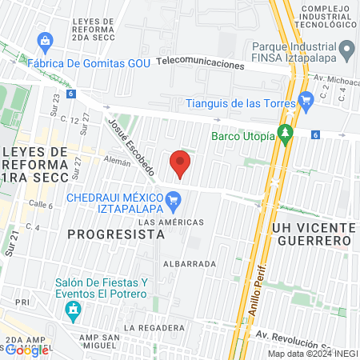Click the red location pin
tap(180, 164)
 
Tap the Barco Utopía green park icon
tap(285, 134)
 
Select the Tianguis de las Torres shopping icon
tap(305, 100)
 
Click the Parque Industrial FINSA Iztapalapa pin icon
tap(347, 52)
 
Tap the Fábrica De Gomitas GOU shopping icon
tap(45, 41)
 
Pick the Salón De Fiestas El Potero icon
tap(74, 309)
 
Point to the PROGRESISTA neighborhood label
tap(116, 234)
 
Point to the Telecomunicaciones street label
tap(199, 62)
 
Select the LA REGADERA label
tap(154, 328)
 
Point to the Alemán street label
tap(117, 160)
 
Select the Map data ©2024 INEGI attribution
tap(311, 354)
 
